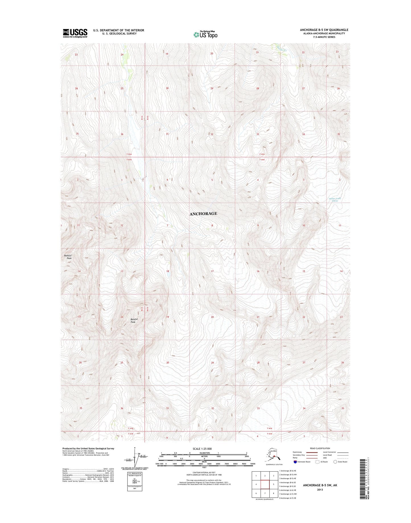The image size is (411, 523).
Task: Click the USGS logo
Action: [75, 33]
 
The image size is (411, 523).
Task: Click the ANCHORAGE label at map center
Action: [203, 214]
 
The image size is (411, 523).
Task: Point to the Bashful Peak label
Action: [68, 257]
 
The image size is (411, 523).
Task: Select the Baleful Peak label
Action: [134, 321]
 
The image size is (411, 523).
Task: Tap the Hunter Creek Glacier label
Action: [334, 200]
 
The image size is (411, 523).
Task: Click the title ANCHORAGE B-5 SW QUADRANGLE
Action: [324, 30]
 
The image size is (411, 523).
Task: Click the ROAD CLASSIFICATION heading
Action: [320, 448]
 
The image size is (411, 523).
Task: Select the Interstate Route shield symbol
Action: [295, 462]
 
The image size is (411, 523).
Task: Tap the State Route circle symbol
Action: [335, 462]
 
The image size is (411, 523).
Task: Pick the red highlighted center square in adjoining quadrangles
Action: [265, 484]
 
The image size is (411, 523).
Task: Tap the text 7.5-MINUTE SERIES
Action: [324, 37]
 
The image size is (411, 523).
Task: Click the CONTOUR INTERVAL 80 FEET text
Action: [204, 472]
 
